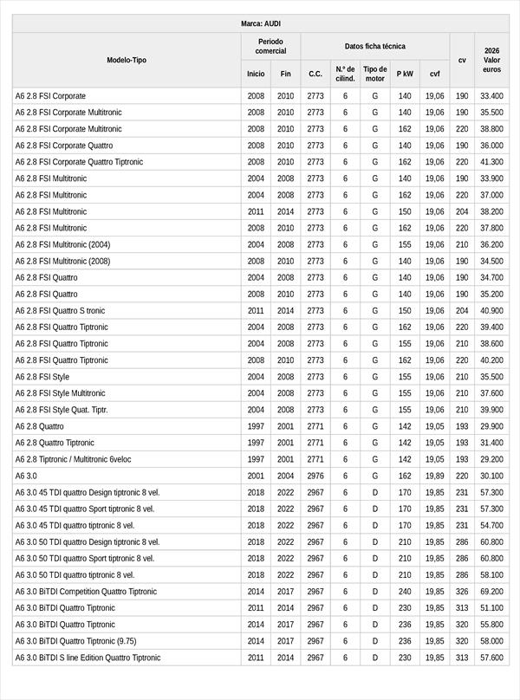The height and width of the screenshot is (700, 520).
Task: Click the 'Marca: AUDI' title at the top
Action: (260, 23)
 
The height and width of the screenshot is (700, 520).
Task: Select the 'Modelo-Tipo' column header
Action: (127, 60)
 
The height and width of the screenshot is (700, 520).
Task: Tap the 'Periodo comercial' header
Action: (270, 46)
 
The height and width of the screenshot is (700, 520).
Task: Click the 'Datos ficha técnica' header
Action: (374, 46)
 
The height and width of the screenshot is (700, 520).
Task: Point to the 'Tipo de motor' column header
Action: (374, 74)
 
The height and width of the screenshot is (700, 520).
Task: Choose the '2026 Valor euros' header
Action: (491, 60)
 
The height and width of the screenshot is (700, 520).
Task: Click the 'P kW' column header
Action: (405, 75)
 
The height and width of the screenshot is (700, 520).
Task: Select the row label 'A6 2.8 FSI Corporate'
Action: (50, 96)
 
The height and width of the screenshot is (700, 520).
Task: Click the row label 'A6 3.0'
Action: (26, 476)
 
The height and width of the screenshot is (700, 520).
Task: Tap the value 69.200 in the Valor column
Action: (491, 592)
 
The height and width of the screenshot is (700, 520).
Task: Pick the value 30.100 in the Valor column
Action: (491, 476)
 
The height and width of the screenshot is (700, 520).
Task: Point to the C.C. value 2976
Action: (315, 476)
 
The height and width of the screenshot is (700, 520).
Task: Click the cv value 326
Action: (462, 592)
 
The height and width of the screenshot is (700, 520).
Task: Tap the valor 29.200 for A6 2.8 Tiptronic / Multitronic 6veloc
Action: (491, 459)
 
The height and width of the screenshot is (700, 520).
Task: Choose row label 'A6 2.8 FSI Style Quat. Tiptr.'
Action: (62, 410)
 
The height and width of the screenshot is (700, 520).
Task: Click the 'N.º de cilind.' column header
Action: (345, 74)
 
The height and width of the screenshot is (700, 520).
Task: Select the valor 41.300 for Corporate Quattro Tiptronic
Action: (491, 162)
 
